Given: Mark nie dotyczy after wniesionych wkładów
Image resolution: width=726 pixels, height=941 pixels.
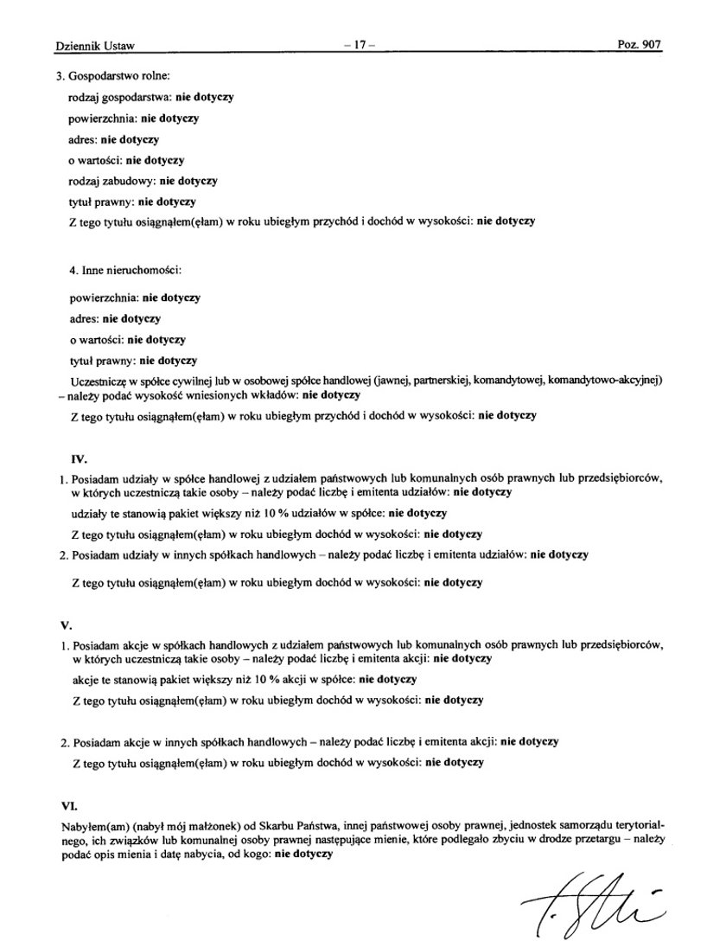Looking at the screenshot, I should (x=330, y=395).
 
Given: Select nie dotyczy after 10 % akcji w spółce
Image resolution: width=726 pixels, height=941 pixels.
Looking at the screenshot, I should (x=388, y=679).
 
